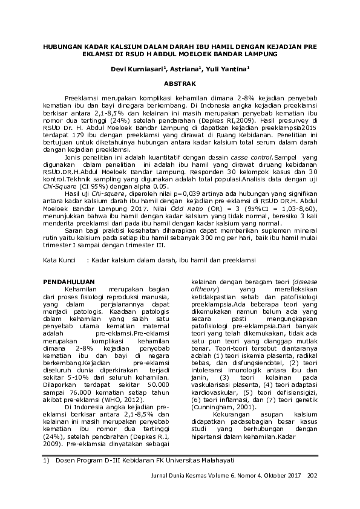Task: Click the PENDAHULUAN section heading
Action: coord(71,282)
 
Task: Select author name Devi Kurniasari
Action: coord(142,69)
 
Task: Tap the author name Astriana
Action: coord(186,69)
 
